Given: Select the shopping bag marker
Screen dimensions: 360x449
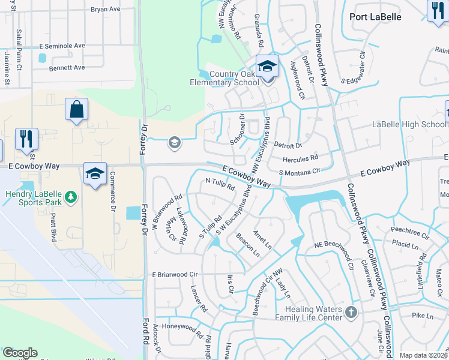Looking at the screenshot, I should coord(76,110).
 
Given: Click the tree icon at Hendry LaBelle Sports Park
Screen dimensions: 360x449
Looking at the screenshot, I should coord(71,196).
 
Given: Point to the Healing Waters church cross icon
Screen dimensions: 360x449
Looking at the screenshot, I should coord(351,312).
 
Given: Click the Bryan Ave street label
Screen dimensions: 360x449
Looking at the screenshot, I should coord(106,10).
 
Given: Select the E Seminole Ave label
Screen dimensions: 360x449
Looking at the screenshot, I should coord(62,46).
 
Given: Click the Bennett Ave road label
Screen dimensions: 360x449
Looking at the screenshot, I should coord(67,68).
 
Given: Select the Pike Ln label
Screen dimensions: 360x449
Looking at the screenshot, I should coord(422,316).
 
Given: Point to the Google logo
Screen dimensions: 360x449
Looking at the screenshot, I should coord(20,353).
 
